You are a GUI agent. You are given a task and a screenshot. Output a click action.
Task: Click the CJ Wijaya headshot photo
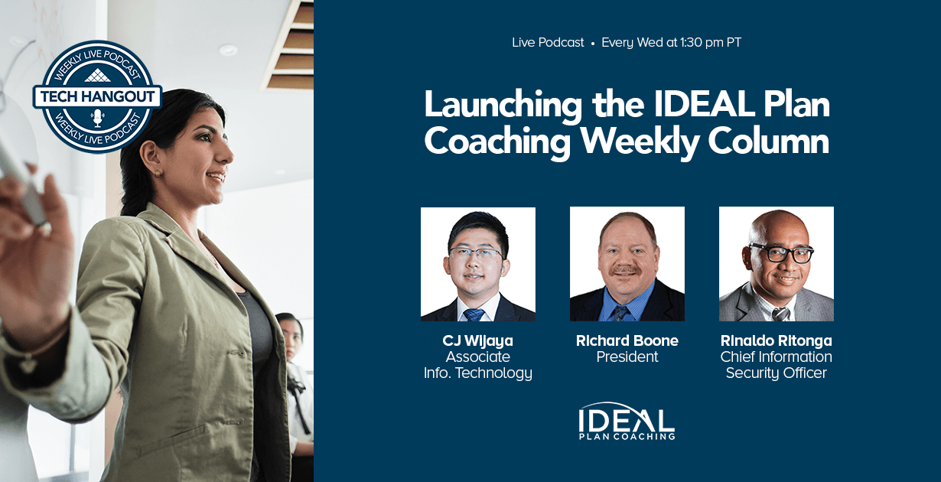pyautogui.click(x=478, y=264)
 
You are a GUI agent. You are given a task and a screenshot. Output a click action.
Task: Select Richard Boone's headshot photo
pyautogui.click(x=627, y=264)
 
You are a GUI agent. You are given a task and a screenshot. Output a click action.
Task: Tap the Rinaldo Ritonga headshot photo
pyautogui.click(x=777, y=264)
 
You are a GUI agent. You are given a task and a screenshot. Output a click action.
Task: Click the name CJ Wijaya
pyautogui.click(x=477, y=340)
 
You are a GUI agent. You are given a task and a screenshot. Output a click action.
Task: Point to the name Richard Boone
pyautogui.click(x=627, y=340)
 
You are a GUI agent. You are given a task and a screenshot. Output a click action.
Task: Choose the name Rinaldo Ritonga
pyautogui.click(x=777, y=340)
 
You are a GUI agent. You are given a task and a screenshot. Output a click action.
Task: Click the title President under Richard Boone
pyautogui.click(x=627, y=357)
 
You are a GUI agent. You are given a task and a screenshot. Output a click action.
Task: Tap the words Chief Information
pyautogui.click(x=777, y=357)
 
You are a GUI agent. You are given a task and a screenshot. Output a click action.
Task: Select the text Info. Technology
pyautogui.click(x=478, y=373)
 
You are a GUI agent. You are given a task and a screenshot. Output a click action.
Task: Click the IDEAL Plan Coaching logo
pyautogui.click(x=627, y=422)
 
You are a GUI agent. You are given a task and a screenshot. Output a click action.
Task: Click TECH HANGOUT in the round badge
pyautogui.click(x=97, y=96)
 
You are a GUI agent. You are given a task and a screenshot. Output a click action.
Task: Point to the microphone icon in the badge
pyautogui.click(x=97, y=118)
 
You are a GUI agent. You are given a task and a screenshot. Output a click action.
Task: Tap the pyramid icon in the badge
pyautogui.click(x=97, y=75)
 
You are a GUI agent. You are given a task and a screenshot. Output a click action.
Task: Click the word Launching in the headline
pyautogui.click(x=503, y=105)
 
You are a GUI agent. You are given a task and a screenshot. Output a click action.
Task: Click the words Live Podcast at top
pyautogui.click(x=548, y=42)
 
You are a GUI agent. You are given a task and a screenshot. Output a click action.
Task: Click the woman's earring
pyautogui.click(x=158, y=174)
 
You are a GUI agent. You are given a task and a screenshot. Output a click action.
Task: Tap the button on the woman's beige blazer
pyautogui.click(x=230, y=352)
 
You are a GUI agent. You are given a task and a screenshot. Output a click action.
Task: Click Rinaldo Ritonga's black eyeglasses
pyautogui.click(x=781, y=253)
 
